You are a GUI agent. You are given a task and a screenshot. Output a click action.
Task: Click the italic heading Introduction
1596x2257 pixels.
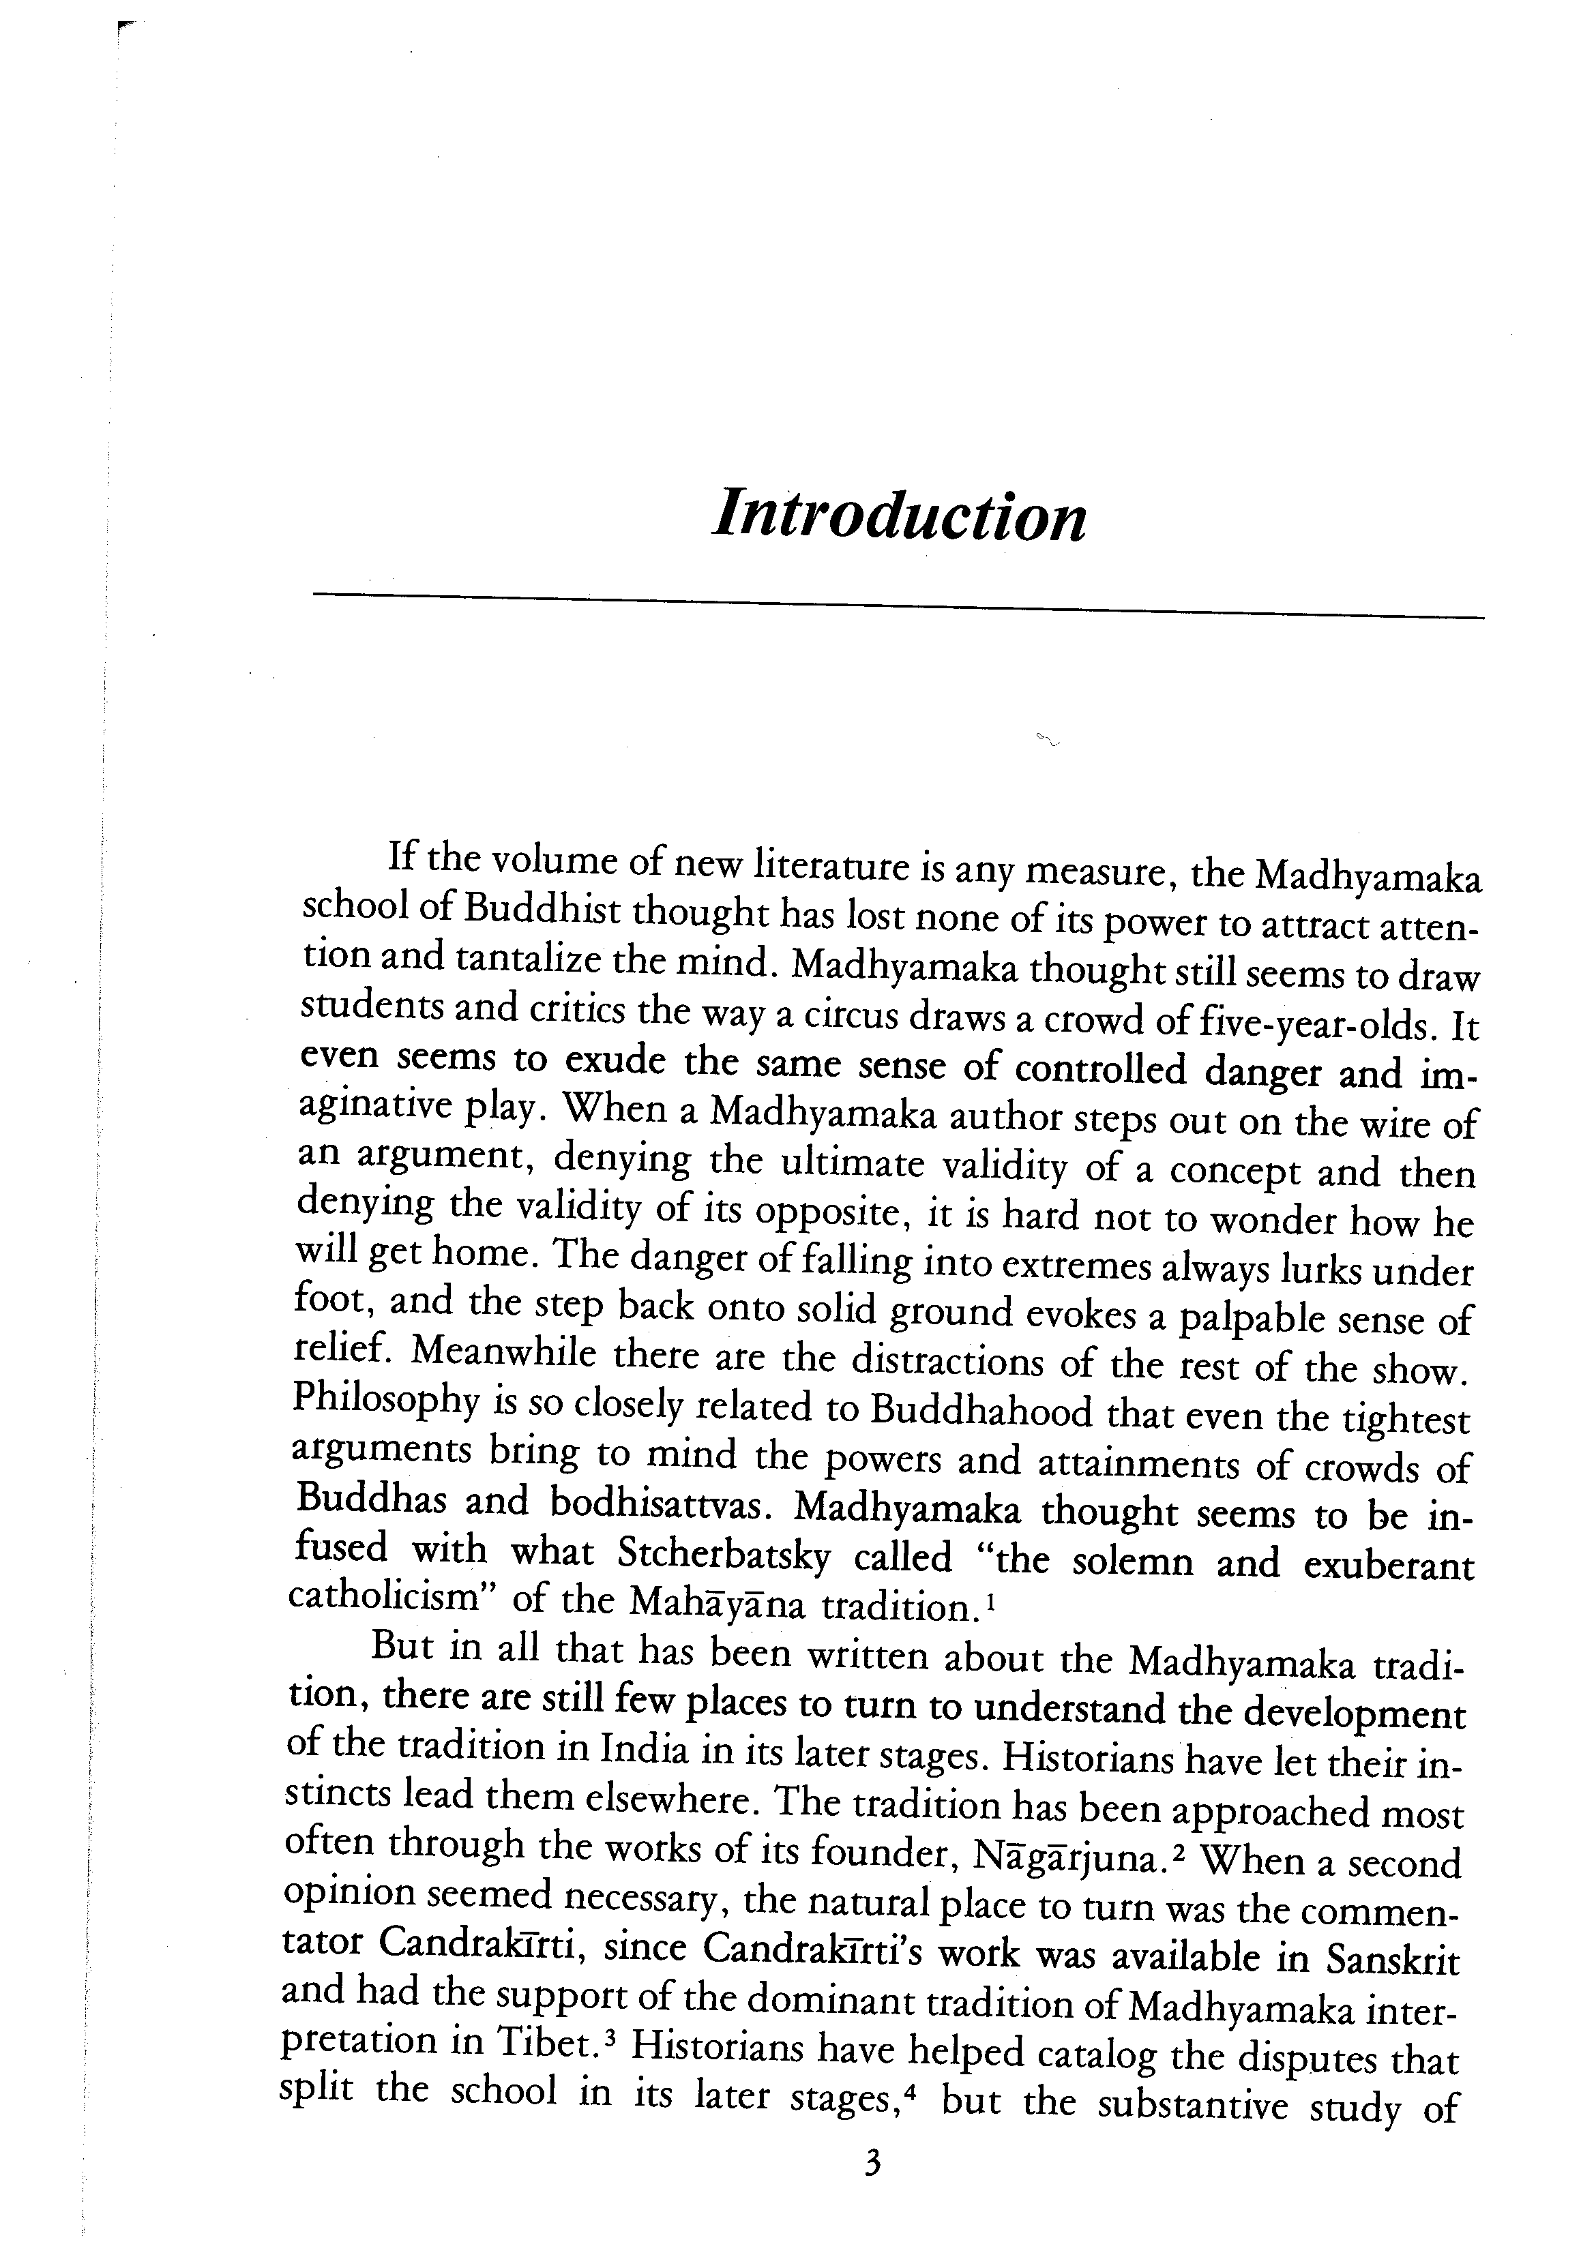point(898,514)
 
